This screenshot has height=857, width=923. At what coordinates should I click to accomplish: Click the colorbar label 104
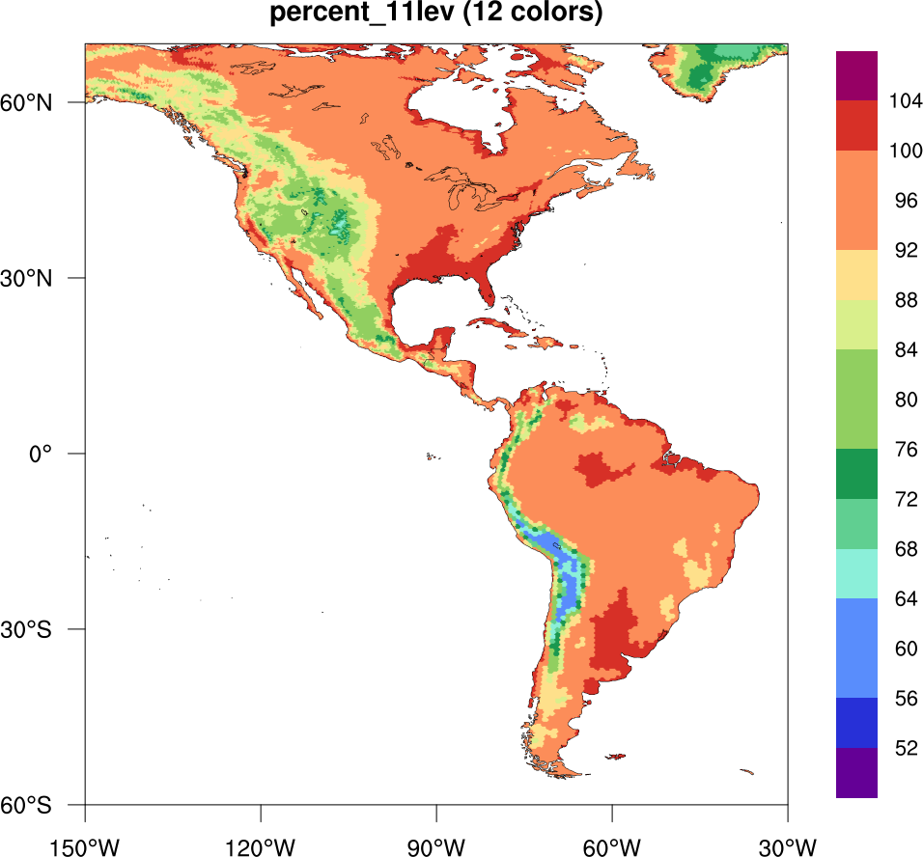click(906, 100)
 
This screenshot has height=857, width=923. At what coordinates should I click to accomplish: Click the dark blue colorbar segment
click(856, 723)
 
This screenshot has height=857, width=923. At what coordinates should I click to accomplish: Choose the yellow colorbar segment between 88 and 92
click(856, 274)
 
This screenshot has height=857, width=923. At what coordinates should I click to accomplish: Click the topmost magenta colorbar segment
click(856, 75)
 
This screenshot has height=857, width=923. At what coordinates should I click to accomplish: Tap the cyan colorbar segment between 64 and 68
click(856, 573)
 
